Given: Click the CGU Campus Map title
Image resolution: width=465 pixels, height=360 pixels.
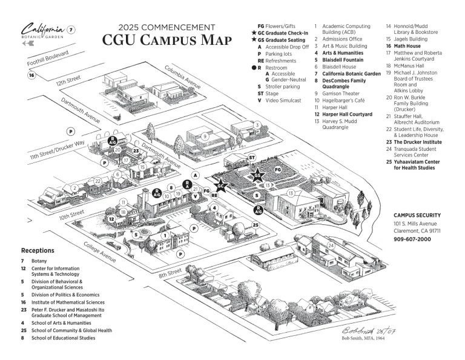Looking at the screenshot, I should coord(167,40).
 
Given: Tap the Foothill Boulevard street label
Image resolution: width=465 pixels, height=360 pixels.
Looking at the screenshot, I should coord(48,59).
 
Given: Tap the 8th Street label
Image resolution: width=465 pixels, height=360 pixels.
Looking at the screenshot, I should coord(170,274).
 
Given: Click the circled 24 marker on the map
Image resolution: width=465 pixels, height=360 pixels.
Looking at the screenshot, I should coord(331,245).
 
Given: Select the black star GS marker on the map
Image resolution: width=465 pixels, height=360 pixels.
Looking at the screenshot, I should coord(258,176).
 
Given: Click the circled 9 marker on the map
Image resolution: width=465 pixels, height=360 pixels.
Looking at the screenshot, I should coord(205,136).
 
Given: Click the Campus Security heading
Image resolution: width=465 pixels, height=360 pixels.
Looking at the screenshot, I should coord(417,215).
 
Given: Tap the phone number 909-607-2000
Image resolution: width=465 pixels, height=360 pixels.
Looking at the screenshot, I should coord(412,239).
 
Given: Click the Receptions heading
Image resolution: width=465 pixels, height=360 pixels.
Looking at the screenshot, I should coord(38,250).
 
